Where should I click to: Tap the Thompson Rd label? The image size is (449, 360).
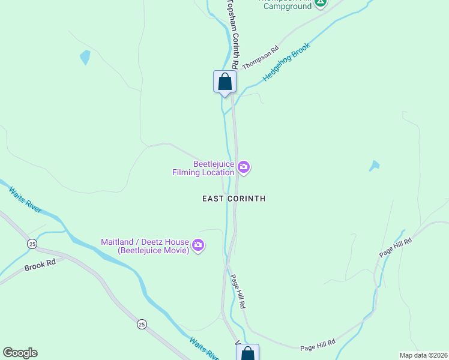(261, 58)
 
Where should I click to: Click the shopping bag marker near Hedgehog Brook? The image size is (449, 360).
(224, 82)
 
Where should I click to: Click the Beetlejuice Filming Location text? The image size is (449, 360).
(204, 167)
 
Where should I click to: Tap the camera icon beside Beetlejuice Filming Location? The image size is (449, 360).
(243, 167)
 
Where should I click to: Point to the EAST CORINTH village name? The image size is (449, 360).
(234, 199)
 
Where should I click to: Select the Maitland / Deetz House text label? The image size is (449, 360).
(144, 245)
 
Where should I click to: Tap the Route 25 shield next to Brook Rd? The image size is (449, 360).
(31, 243)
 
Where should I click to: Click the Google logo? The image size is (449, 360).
(20, 353)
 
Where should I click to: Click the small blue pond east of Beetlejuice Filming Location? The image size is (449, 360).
(375, 166)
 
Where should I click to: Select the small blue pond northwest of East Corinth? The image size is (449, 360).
(85, 58)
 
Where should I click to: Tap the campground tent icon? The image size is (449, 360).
(321, 3)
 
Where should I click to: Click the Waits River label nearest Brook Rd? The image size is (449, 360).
(25, 200)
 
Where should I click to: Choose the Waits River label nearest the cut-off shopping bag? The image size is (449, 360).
(204, 349)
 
